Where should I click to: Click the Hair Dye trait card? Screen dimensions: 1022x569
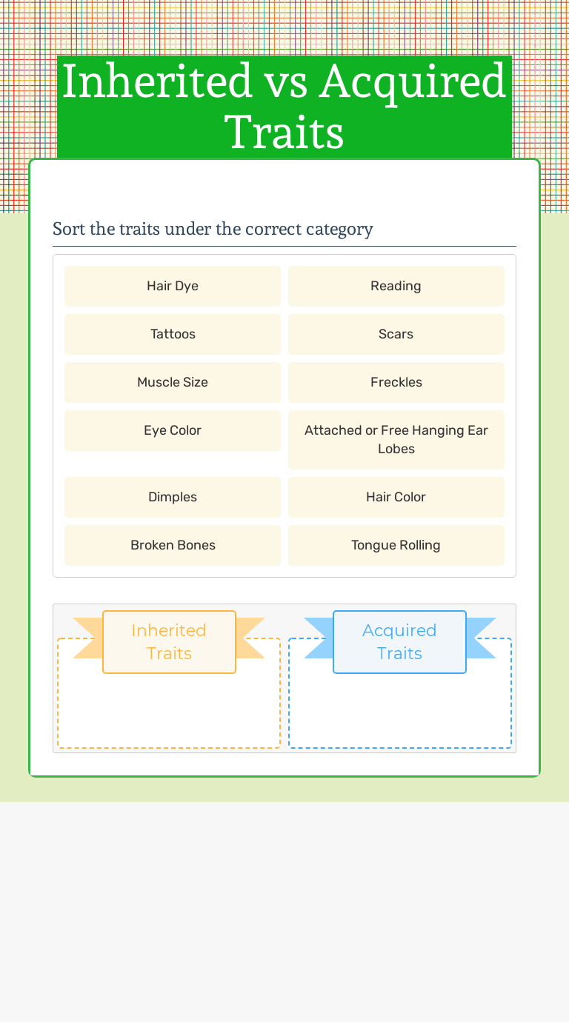coord(173,286)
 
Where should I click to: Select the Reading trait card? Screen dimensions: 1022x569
coord(396,286)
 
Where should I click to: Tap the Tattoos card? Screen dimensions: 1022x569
coord(173,334)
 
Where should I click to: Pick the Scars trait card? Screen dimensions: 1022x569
coord(396,334)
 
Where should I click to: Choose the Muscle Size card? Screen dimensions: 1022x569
coord(173,382)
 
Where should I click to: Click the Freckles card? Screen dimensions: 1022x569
coord(396,382)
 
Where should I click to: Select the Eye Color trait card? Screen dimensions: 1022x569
coord(173,430)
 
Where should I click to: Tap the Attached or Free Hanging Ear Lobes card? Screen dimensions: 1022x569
coord(396,439)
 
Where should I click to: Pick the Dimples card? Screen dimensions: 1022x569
coord(173,497)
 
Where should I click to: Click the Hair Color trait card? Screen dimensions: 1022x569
coord(396,497)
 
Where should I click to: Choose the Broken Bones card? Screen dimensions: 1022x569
coord(173,545)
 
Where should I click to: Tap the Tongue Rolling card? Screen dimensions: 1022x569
coord(396,545)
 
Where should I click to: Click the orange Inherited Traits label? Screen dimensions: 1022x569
coord(169,641)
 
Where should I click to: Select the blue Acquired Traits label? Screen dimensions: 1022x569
coord(399,641)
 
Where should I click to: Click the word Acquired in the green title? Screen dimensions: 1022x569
coord(413,81)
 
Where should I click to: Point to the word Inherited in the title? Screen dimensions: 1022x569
coord(156,81)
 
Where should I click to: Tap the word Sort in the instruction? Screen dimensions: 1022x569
coord(69,229)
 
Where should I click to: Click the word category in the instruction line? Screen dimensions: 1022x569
coord(339,230)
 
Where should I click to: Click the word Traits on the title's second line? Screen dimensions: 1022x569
coord(284,133)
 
